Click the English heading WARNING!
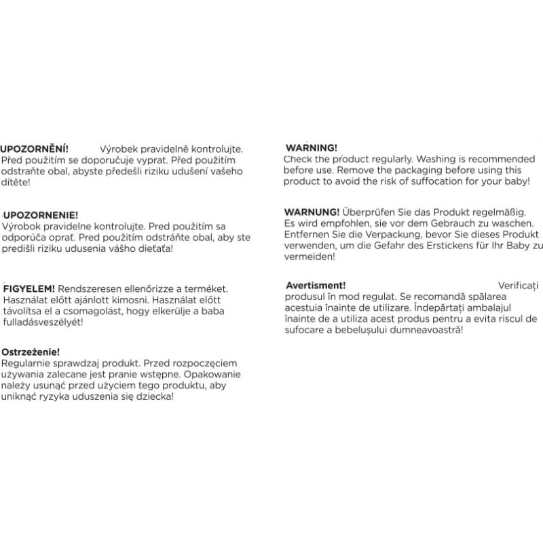tap(311, 147)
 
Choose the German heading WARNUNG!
tap(312, 212)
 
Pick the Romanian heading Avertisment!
tap(316, 286)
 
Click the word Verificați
tap(518, 286)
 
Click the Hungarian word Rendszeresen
tap(88, 288)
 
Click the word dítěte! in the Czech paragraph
tap(16, 183)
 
